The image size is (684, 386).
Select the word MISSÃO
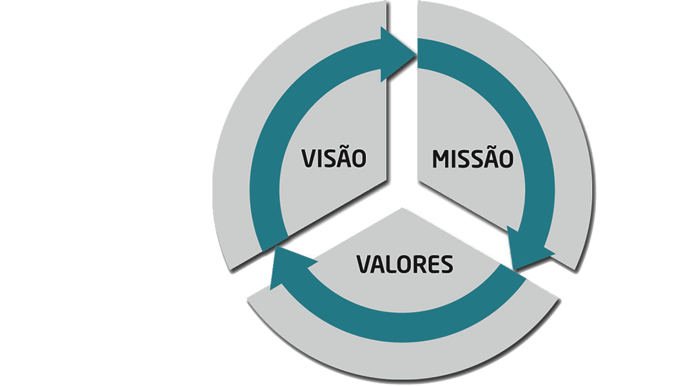pos(473,157)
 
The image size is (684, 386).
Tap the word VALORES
pos(405,264)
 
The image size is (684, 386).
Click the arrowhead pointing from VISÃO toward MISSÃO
pos(398,55)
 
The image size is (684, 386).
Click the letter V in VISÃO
pos(309,159)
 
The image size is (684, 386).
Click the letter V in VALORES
pos(364,264)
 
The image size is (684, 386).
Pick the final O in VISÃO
pos(359,159)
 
